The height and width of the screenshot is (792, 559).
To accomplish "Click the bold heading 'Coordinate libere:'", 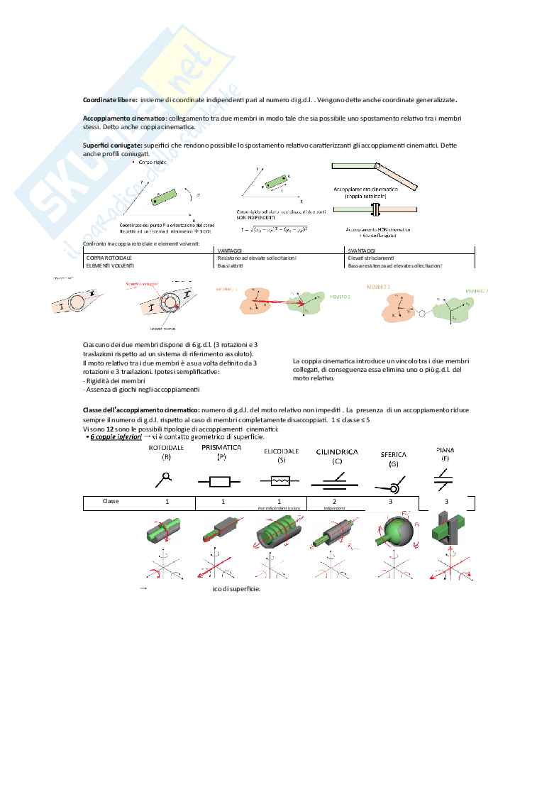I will click(x=110, y=100).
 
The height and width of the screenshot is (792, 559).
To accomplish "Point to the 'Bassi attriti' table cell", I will click(x=231, y=265).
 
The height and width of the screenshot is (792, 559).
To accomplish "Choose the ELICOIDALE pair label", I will click(x=281, y=451).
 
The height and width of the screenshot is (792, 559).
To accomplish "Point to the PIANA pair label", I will click(x=445, y=449).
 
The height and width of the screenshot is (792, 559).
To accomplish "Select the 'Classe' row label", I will click(x=111, y=501).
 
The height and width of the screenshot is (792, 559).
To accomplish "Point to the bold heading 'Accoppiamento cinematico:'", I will click(x=125, y=119).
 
